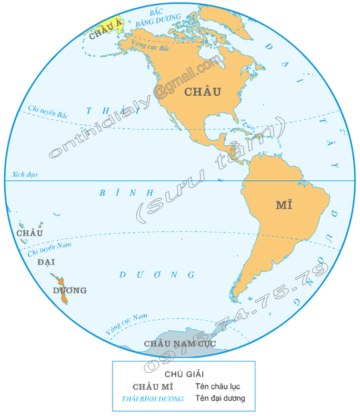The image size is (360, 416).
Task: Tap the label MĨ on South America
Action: click(284, 205)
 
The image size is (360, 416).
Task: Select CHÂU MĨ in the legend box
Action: click(153, 387)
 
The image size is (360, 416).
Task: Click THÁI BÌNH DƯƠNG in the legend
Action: click(153, 399)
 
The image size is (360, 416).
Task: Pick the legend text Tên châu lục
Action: click(218, 387)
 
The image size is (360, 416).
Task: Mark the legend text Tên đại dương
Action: click(220, 399)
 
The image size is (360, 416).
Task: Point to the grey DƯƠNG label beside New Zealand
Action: click(70, 290)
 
